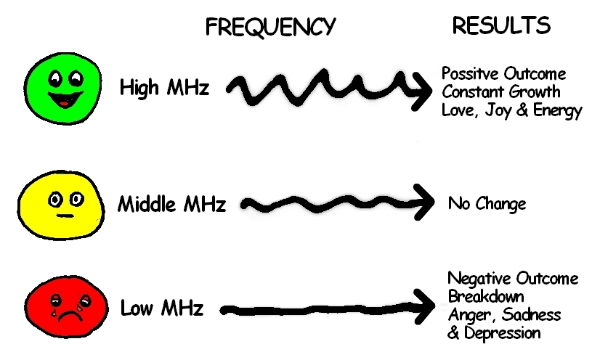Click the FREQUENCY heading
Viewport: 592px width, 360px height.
tap(270, 27)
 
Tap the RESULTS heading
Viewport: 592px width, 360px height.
tap(501, 25)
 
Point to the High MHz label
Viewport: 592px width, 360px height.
tap(165, 89)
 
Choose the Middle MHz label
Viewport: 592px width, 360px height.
tap(171, 204)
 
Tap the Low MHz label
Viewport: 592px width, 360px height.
tap(162, 308)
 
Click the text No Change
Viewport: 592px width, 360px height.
tap(487, 204)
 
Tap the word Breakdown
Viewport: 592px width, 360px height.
tap(486, 297)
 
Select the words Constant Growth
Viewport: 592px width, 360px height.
tap(501, 93)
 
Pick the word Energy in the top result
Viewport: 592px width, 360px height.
tap(558, 112)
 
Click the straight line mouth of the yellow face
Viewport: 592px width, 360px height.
tap(62, 216)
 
